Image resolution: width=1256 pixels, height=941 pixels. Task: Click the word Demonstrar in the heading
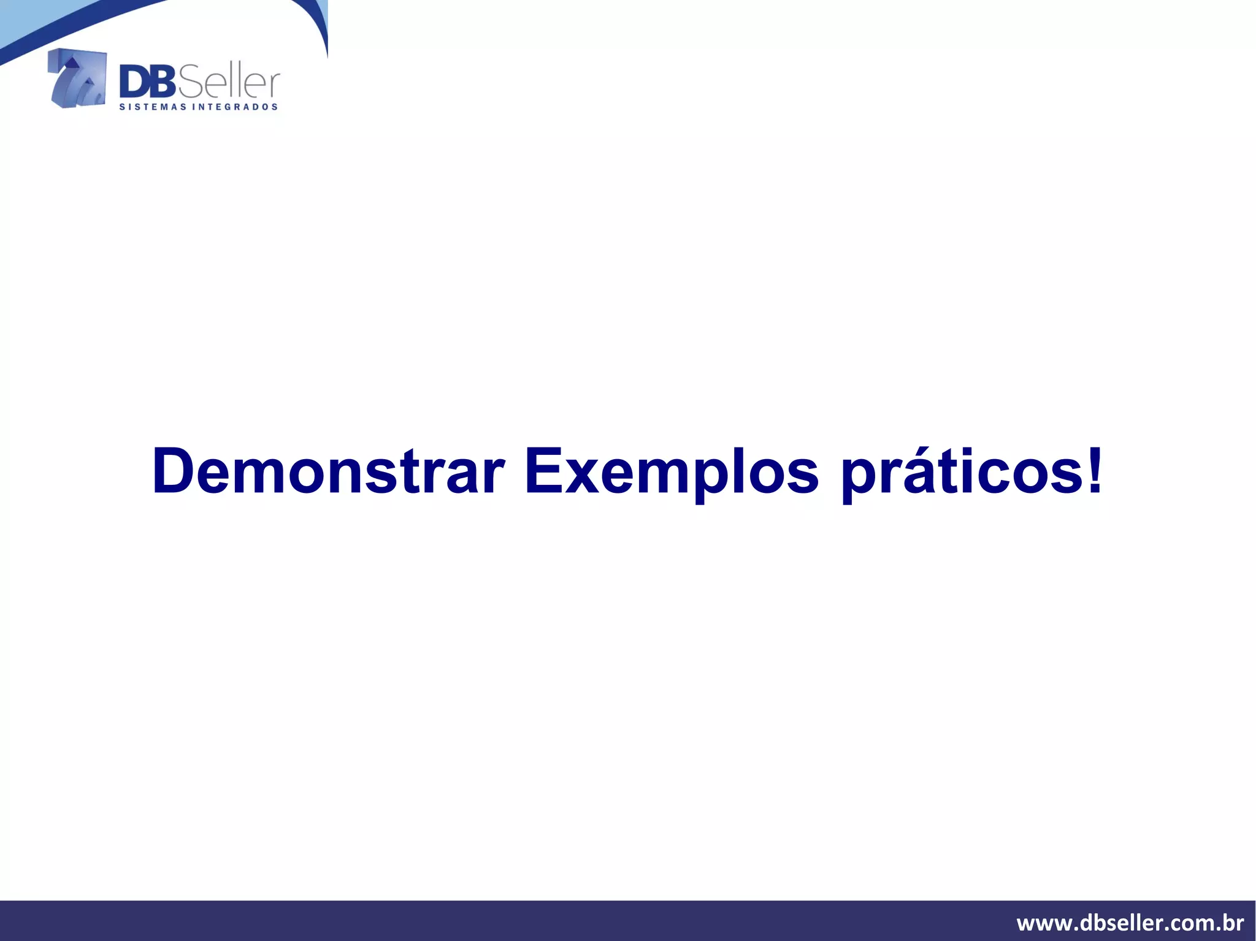pyautogui.click(x=328, y=471)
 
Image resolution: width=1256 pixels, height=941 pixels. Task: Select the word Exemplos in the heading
pyautogui.click(x=672, y=471)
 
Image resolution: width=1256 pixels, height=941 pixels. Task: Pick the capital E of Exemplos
pyautogui.click(x=543, y=471)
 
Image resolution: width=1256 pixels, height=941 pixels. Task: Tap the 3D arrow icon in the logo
pyautogui.click(x=77, y=78)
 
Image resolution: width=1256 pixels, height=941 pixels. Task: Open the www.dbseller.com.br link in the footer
pyautogui.click(x=1130, y=922)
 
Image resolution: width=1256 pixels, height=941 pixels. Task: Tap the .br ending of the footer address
pyautogui.click(x=1231, y=922)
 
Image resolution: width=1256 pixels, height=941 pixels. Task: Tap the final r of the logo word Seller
pyautogui.click(x=274, y=86)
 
